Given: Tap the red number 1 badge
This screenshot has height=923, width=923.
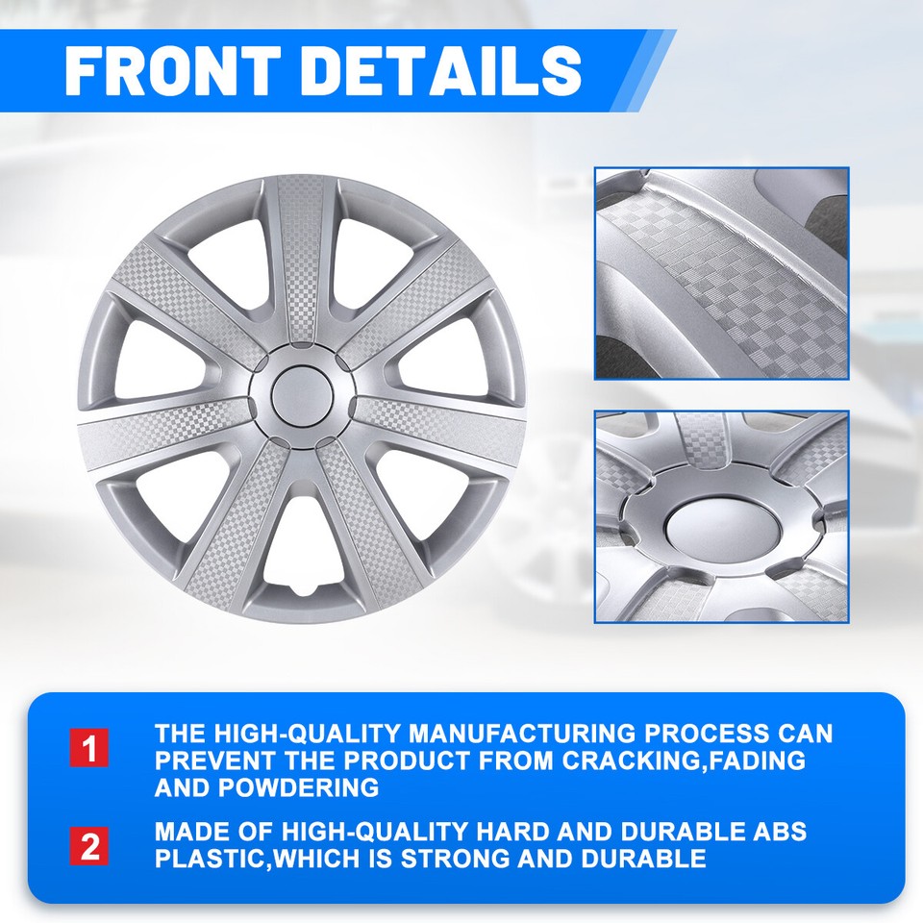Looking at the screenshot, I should [89, 748].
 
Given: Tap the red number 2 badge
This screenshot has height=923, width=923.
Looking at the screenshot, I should [89, 846].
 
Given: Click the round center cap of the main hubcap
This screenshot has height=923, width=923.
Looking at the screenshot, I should [301, 395].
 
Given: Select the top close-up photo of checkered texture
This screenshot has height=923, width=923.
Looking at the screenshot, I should [721, 273].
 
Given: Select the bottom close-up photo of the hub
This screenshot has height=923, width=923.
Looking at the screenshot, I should [721, 516].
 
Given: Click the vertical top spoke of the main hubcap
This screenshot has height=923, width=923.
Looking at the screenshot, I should [301, 260].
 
